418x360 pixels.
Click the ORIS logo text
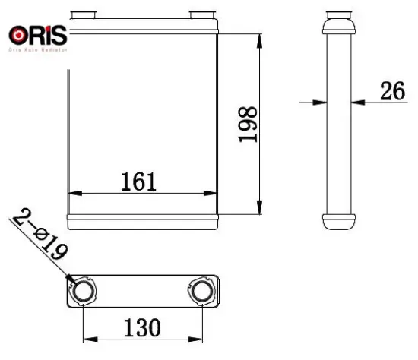point(39,36)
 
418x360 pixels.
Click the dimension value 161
point(138,182)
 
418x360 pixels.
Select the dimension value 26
point(391,93)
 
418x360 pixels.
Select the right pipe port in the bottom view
point(201,292)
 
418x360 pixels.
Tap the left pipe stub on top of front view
point(81,15)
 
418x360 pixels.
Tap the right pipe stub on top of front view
point(201,15)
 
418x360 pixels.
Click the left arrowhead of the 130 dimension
point(87,338)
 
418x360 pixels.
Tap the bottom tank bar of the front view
point(143,222)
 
